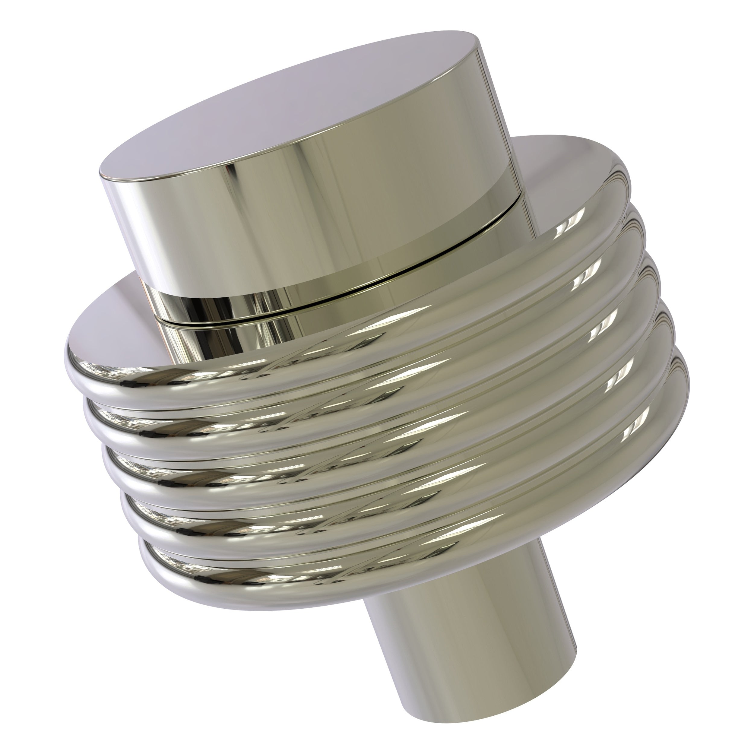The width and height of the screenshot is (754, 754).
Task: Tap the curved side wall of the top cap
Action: [312, 219]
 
